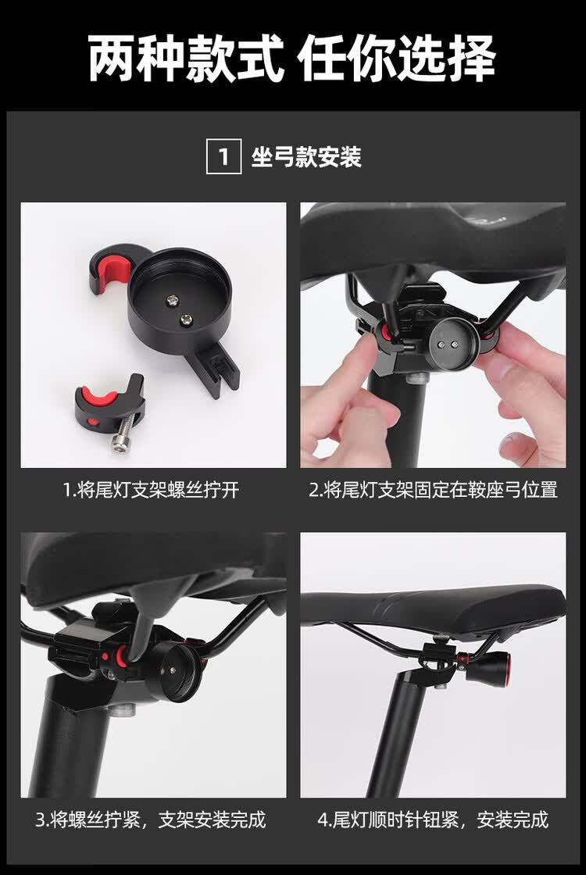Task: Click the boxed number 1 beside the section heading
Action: click(x=223, y=157)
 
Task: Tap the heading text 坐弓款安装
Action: click(x=306, y=157)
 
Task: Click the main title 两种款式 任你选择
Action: click(x=292, y=59)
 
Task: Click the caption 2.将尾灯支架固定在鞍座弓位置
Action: click(x=433, y=490)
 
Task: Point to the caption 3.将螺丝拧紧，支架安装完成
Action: click(x=151, y=820)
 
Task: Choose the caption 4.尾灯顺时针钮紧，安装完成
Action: click(x=433, y=820)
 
